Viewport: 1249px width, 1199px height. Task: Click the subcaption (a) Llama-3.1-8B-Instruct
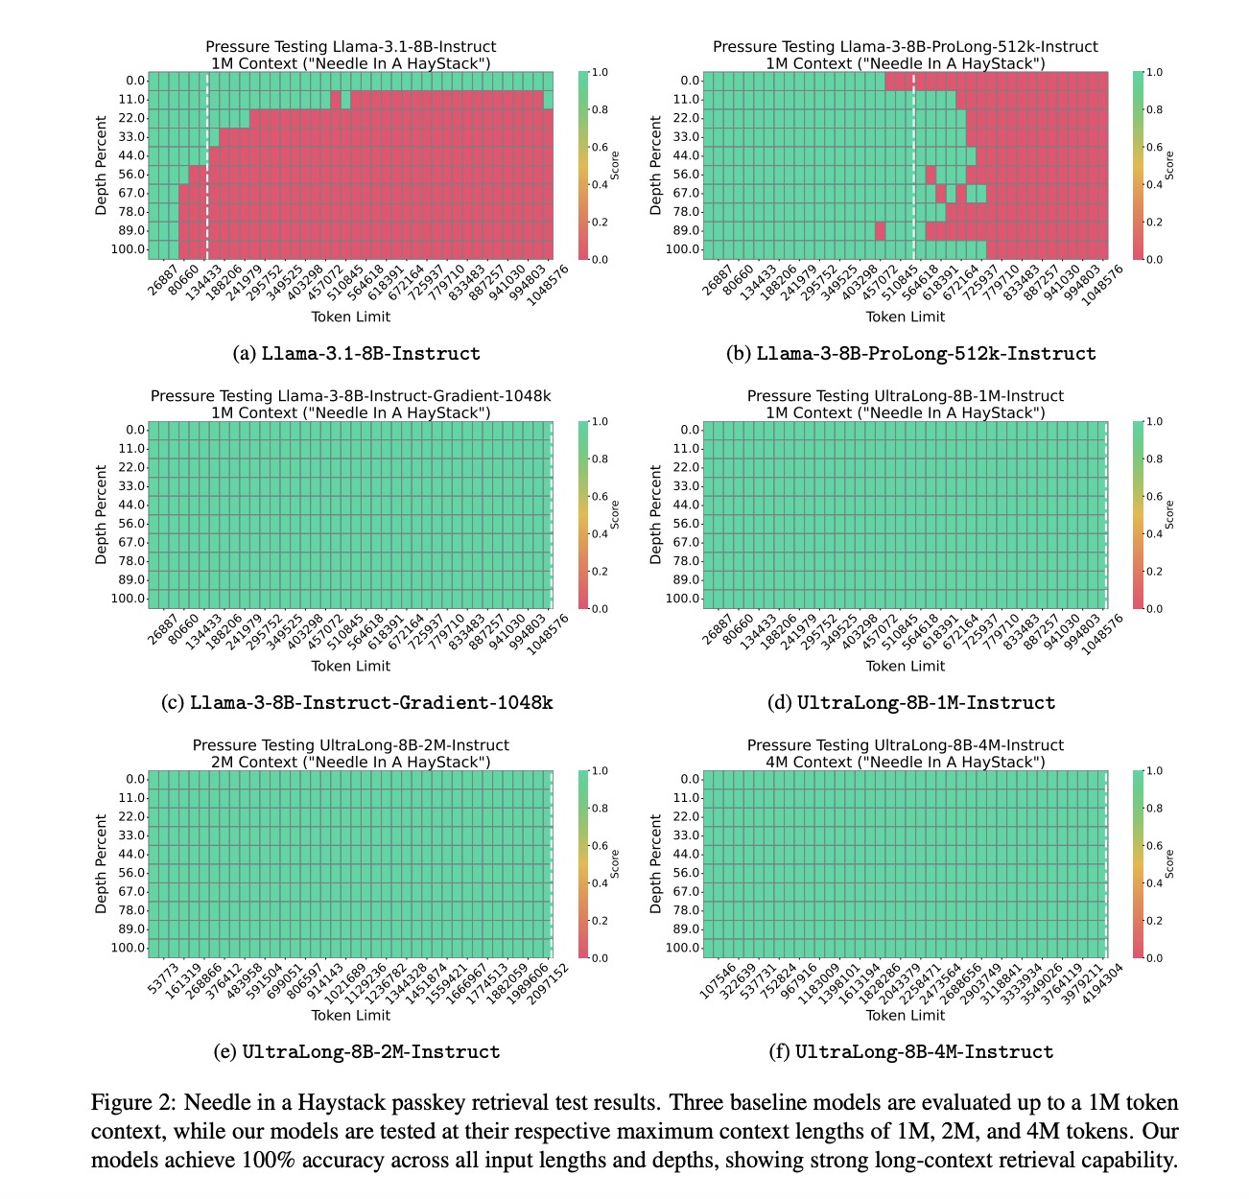coord(356,354)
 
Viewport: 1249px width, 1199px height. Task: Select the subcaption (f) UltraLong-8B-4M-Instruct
coord(910,1052)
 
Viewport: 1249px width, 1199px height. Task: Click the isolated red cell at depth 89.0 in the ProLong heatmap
coord(880,230)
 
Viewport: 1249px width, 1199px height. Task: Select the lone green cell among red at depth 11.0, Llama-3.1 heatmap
coord(345,100)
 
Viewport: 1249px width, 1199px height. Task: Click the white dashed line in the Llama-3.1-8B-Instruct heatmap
coord(207,166)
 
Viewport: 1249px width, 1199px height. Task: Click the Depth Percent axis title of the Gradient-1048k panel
coord(101,515)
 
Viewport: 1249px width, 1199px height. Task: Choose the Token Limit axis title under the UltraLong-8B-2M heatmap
coord(350,1015)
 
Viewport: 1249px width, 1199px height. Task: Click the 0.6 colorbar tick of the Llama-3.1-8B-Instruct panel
coord(600,147)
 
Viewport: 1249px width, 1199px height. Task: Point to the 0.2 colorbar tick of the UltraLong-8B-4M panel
coord(1154,921)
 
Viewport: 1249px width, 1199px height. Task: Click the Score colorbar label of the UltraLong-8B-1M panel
coord(1168,515)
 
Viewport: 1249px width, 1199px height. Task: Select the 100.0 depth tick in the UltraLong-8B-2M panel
coord(129,948)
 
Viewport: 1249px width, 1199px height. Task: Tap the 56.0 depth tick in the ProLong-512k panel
coord(686,174)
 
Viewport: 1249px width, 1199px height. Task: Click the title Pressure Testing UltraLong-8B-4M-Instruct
coord(905,745)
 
